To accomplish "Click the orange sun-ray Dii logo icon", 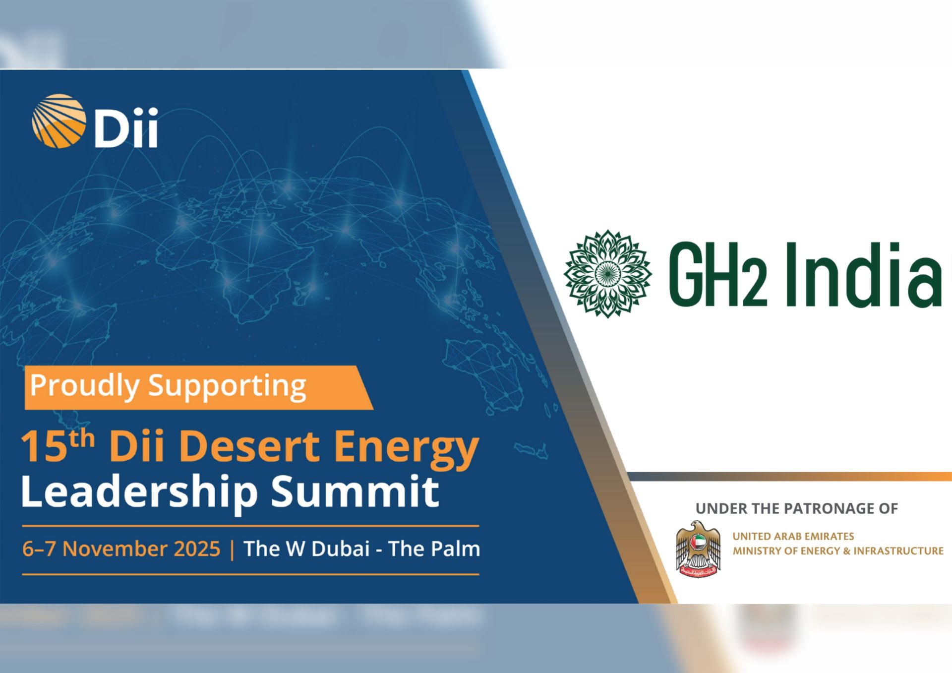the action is (x=59, y=121).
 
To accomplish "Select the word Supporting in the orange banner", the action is (x=227, y=387).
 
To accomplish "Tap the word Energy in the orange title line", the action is (x=406, y=449).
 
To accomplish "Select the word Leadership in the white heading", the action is (x=139, y=492).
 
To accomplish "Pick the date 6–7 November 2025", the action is (x=121, y=549).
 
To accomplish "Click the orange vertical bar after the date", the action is (x=232, y=550).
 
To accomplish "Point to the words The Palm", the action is (x=434, y=549).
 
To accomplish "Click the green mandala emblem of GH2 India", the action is (x=607, y=273).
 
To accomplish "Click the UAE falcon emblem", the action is (x=698, y=549).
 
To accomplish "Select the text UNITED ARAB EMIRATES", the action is (x=793, y=536).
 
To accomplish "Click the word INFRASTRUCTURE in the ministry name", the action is (x=898, y=551).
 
